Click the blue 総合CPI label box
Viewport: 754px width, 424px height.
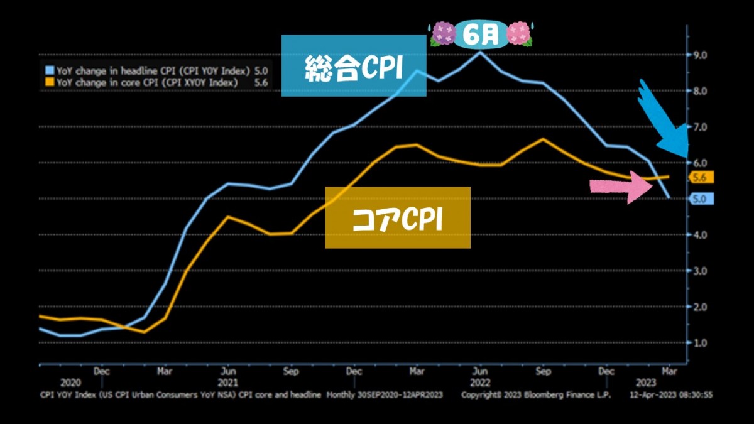[354, 65]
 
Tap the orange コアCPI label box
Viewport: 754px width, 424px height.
[397, 217]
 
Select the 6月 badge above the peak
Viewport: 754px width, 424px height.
[482, 35]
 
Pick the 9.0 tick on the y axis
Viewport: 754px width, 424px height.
[700, 55]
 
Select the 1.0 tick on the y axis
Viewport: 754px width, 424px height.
[700, 343]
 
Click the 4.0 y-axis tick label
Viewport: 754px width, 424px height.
[700, 235]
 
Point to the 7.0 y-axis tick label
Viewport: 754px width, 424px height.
[700, 127]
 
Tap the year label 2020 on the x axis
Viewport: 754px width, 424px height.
[70, 383]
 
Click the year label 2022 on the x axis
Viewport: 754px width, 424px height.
[481, 383]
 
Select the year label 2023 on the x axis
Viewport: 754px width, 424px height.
[646, 383]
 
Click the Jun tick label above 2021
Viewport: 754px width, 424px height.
[228, 371]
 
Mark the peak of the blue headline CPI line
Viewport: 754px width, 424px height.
[480, 52]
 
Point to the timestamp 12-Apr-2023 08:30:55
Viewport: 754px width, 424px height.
[672, 395]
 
